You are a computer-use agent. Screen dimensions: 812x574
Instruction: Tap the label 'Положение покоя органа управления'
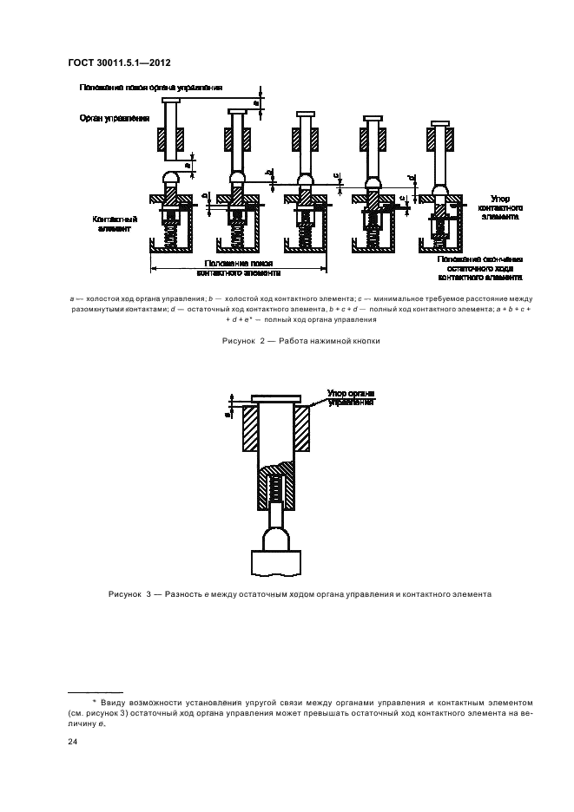(151, 88)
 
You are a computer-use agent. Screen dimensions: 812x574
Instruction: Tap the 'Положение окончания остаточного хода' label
(480, 269)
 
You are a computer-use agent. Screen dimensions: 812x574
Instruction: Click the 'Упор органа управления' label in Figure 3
(351, 397)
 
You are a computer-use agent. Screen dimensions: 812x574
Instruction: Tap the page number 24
(71, 742)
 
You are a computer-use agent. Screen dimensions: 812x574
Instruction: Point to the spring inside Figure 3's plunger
(277, 488)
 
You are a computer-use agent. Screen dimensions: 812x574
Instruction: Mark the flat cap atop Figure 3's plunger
(277, 400)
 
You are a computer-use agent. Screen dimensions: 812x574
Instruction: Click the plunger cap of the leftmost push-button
(170, 101)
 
